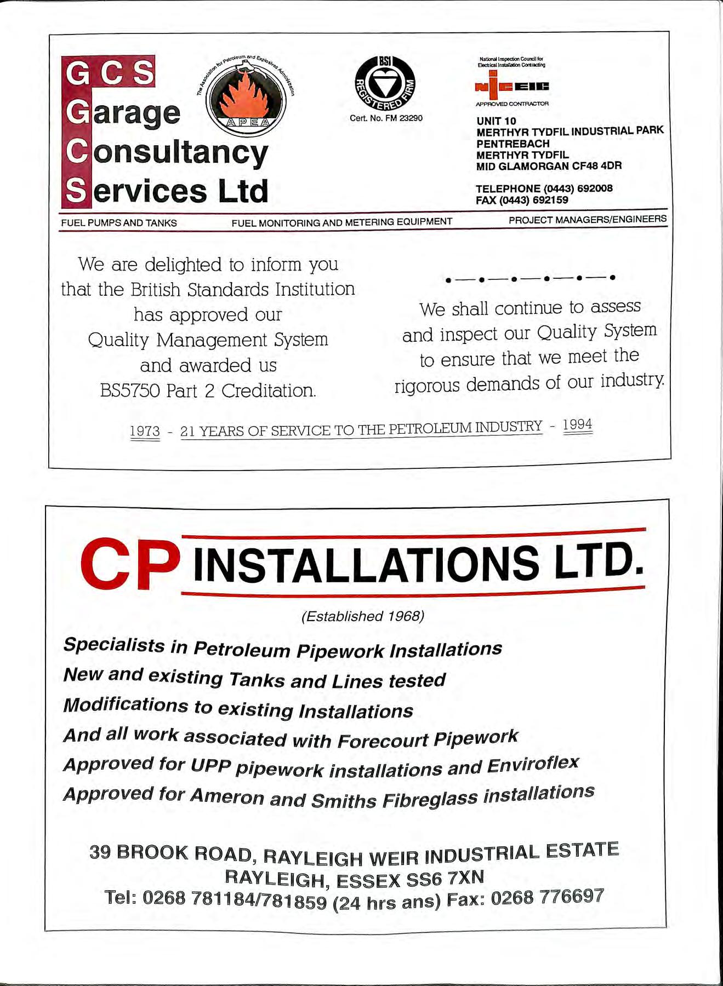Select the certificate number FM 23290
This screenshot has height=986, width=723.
pos(405,118)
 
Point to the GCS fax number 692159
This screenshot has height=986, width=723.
pos(550,200)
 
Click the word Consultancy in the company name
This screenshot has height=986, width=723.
pos(180,152)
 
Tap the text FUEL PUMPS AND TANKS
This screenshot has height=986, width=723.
pos(119,223)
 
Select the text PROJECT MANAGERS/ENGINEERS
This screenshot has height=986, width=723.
pos(588,220)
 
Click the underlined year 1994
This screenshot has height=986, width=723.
pos(578,425)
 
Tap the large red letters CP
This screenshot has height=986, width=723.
pos(130,564)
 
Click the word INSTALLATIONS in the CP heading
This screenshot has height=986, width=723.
pos(366,564)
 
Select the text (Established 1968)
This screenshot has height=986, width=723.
pos(363,616)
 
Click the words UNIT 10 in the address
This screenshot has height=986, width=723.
pos(496,121)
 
